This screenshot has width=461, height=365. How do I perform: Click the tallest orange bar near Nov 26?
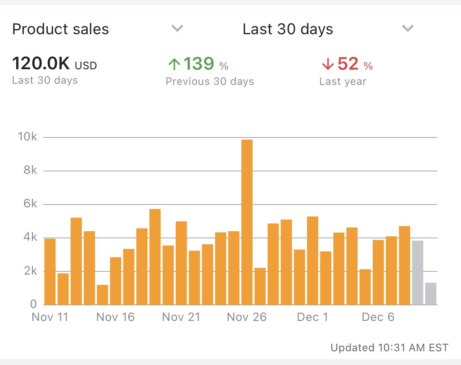point(247,222)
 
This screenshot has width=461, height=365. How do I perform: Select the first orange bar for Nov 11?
point(50,271)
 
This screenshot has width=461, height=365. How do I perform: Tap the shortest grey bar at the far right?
point(431,293)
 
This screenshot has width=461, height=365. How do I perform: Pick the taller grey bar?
point(417,273)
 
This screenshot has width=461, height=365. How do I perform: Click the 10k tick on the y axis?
point(28,137)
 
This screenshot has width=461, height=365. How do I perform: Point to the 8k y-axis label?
point(29,171)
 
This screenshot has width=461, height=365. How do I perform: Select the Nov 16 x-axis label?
point(115,317)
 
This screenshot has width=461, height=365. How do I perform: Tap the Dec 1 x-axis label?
point(313,317)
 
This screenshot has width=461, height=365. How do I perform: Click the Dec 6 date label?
point(378,317)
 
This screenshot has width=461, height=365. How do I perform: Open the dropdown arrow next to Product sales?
point(177,28)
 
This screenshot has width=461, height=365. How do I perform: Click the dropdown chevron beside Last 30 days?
point(407,28)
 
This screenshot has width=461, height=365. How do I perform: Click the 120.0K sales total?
point(41,64)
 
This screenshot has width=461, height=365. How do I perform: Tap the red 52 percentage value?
point(348,64)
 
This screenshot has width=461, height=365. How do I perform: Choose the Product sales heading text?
point(61,29)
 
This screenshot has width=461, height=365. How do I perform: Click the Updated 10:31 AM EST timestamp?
point(389,348)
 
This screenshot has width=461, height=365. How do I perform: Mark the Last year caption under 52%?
point(342,81)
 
